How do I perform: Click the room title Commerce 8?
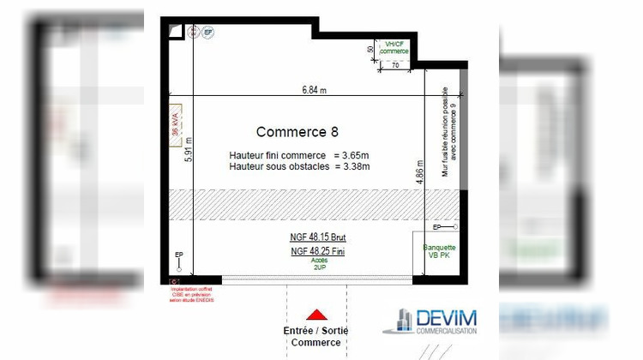coord(297,132)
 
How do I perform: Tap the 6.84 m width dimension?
coord(314,89)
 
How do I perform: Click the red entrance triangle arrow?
coord(316,315)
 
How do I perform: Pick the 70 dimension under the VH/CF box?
coord(395,64)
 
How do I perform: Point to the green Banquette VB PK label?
coord(439,252)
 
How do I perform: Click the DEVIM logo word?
coord(446,321)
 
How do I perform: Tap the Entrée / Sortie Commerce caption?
coord(316,336)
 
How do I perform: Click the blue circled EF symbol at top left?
coord(207,32)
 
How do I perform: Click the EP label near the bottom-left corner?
coord(178,255)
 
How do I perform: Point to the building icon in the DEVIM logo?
coord(400,319)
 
